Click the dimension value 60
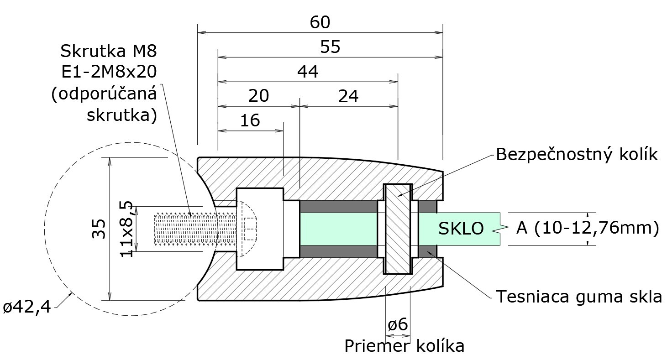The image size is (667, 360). (320, 22)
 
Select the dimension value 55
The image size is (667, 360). (331, 47)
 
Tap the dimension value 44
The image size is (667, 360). (308, 72)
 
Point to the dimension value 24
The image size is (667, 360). (348, 97)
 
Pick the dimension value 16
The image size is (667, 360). (250, 121)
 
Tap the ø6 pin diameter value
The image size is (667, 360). (398, 325)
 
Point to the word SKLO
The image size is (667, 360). (461, 229)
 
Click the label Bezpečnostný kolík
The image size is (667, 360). (577, 155)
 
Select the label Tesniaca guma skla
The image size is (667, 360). (579, 297)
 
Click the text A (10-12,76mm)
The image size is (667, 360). (588, 228)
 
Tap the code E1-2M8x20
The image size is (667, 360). (109, 73)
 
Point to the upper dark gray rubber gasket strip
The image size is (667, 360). (338, 207)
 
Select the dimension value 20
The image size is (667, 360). (258, 97)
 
